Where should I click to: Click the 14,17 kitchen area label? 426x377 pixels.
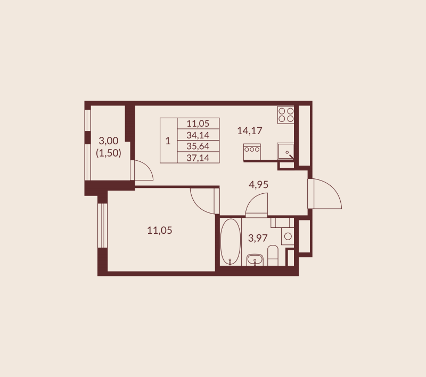pyautogui.click(x=250, y=129)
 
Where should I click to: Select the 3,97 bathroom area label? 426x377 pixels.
pyautogui.click(x=257, y=238)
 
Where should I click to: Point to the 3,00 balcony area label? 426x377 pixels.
pyautogui.click(x=109, y=141)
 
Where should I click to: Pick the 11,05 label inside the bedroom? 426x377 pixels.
pyautogui.click(x=160, y=230)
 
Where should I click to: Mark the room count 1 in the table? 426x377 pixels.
pyautogui.click(x=168, y=141)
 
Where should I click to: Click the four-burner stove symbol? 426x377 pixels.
pyautogui.click(x=286, y=114)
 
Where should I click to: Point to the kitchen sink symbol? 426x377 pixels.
pyautogui.click(x=286, y=151)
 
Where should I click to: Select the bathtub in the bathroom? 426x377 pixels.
pyautogui.click(x=230, y=242)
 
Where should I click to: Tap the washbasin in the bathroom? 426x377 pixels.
pyautogui.click(x=256, y=260)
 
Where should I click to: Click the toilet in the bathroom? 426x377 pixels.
pyautogui.click(x=273, y=256)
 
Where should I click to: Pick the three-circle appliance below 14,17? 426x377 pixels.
pyautogui.click(x=251, y=150)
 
